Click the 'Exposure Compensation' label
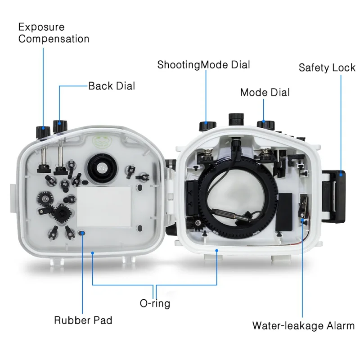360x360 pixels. point(54,33)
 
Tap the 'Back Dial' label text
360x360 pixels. point(111,85)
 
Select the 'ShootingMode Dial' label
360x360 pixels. point(203,64)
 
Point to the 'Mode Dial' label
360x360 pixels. point(265,92)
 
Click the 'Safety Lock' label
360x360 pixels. point(327,68)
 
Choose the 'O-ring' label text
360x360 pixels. point(155,303)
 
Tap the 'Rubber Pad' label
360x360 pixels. point(83,320)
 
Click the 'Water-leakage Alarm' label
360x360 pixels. point(303,325)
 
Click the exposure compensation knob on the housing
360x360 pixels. point(43,131)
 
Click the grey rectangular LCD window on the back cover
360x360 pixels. point(104,206)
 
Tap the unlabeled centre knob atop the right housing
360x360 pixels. point(236,119)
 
